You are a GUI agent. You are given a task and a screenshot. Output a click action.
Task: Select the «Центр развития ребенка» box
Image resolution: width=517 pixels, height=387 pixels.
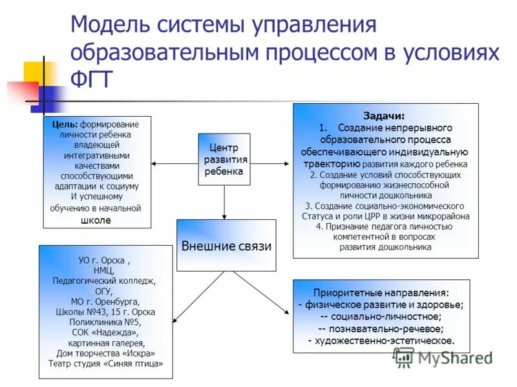224,159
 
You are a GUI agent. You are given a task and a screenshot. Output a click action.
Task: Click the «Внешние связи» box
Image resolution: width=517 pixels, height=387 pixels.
226,246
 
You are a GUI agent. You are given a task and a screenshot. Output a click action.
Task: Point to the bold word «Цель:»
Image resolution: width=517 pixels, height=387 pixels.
65,124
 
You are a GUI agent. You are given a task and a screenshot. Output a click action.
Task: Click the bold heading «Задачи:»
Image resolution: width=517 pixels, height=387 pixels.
385,116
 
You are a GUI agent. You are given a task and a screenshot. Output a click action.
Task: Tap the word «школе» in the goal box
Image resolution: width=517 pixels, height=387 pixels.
96,220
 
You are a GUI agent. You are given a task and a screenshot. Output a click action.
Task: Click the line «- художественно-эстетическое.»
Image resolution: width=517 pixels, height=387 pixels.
381,341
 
